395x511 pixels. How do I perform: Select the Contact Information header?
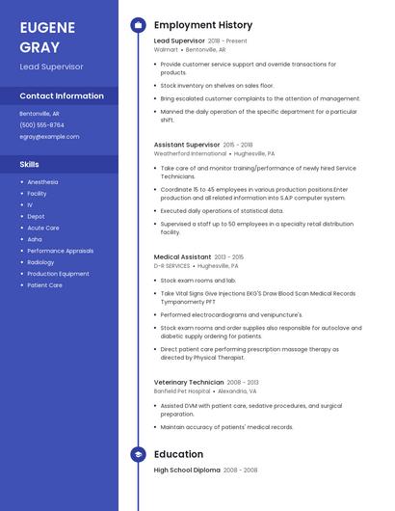point(62,96)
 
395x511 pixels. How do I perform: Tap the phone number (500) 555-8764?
point(41,124)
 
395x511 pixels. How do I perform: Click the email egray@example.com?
point(49,136)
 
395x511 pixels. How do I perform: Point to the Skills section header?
point(29,164)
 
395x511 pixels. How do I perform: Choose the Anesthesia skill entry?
point(42,181)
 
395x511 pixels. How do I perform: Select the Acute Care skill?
point(43,228)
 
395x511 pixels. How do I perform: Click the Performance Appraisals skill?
point(60,251)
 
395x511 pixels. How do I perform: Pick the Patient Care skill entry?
point(44,285)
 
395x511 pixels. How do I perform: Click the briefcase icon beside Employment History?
point(138,25)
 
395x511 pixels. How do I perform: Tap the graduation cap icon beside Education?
point(138,454)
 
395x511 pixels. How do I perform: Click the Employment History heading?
point(203,25)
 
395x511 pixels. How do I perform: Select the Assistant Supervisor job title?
point(187,144)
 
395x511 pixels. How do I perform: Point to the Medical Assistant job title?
point(183,257)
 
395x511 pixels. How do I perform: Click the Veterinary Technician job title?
point(189,383)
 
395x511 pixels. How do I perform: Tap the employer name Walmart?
point(166,49)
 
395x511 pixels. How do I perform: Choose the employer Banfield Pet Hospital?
point(181,391)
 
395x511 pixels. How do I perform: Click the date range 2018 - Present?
point(227,41)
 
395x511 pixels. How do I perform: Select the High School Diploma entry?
point(187,471)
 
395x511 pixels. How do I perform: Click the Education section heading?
point(178,454)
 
